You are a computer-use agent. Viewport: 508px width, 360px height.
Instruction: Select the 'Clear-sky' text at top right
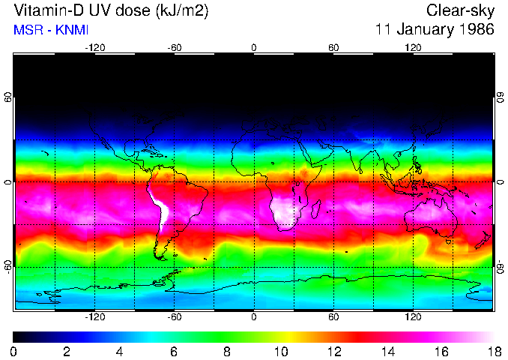coord(460,11)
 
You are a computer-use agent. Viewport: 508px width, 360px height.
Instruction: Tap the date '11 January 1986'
coord(435,31)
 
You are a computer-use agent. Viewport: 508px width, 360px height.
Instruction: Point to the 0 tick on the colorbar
coord(14,351)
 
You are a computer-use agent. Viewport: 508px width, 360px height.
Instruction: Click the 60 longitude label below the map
coord(333,316)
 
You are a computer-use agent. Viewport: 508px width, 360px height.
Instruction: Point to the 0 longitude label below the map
coord(254,316)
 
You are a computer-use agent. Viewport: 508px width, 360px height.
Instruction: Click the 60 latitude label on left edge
coord(8,97)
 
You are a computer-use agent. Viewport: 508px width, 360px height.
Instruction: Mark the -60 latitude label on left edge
coord(8,266)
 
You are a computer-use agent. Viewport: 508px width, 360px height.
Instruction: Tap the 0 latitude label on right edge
coord(500,182)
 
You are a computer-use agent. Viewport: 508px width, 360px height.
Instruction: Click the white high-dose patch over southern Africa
coord(283,209)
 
